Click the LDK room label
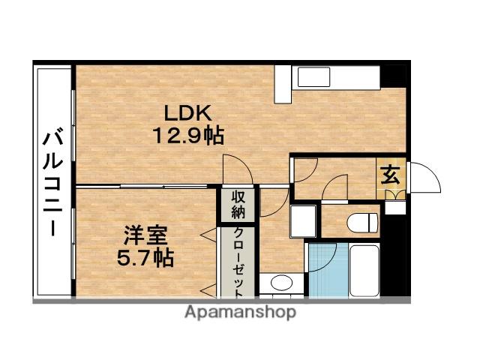[x=188, y=113]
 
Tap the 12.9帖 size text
[x=188, y=135]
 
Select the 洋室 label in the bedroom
[x=145, y=235]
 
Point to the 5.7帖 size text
[x=145, y=258]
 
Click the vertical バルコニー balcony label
[x=53, y=184]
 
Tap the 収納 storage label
[x=238, y=205]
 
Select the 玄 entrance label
[x=390, y=175]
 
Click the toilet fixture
[x=363, y=222]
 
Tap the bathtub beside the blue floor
[x=364, y=271]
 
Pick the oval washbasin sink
[x=282, y=283]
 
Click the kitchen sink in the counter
[x=313, y=76]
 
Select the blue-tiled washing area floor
[x=328, y=271]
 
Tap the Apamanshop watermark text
[x=240, y=313]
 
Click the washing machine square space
[x=303, y=221]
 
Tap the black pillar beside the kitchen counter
[x=395, y=76]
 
